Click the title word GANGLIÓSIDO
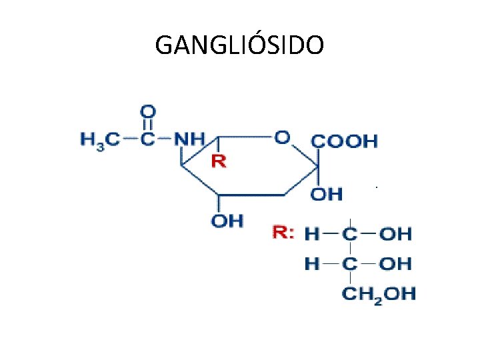[x=240, y=45]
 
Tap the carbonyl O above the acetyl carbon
[x=149, y=110]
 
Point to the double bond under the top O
[x=149, y=125]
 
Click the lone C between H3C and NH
[x=149, y=140]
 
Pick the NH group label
[x=189, y=140]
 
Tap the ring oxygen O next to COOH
[x=282, y=137]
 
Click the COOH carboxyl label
[x=345, y=141]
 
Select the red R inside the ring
[x=219, y=161]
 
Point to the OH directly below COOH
[x=327, y=195]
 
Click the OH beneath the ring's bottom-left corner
[x=227, y=221]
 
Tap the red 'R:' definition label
[x=283, y=233]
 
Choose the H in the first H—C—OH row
[x=312, y=234]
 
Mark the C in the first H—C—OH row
[x=350, y=234]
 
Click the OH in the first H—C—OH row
[x=396, y=234]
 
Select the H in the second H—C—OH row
[x=312, y=264]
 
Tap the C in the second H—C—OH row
[x=350, y=264]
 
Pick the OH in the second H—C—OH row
[x=396, y=264]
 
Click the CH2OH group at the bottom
[x=378, y=293]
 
